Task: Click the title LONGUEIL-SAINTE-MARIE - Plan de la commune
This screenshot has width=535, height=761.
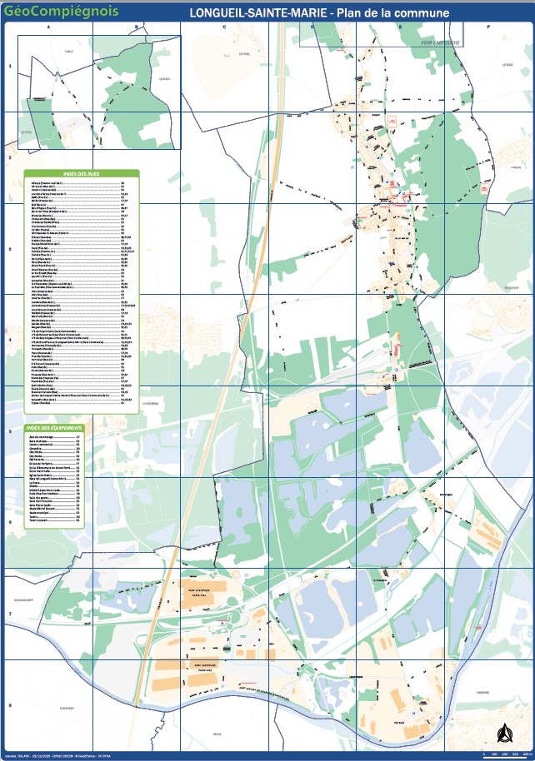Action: (319, 13)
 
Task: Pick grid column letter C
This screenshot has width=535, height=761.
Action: (224, 27)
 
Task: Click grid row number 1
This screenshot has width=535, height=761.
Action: (9, 66)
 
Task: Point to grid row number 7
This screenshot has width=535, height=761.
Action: (9, 614)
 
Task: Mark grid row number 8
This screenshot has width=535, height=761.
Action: (9, 705)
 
